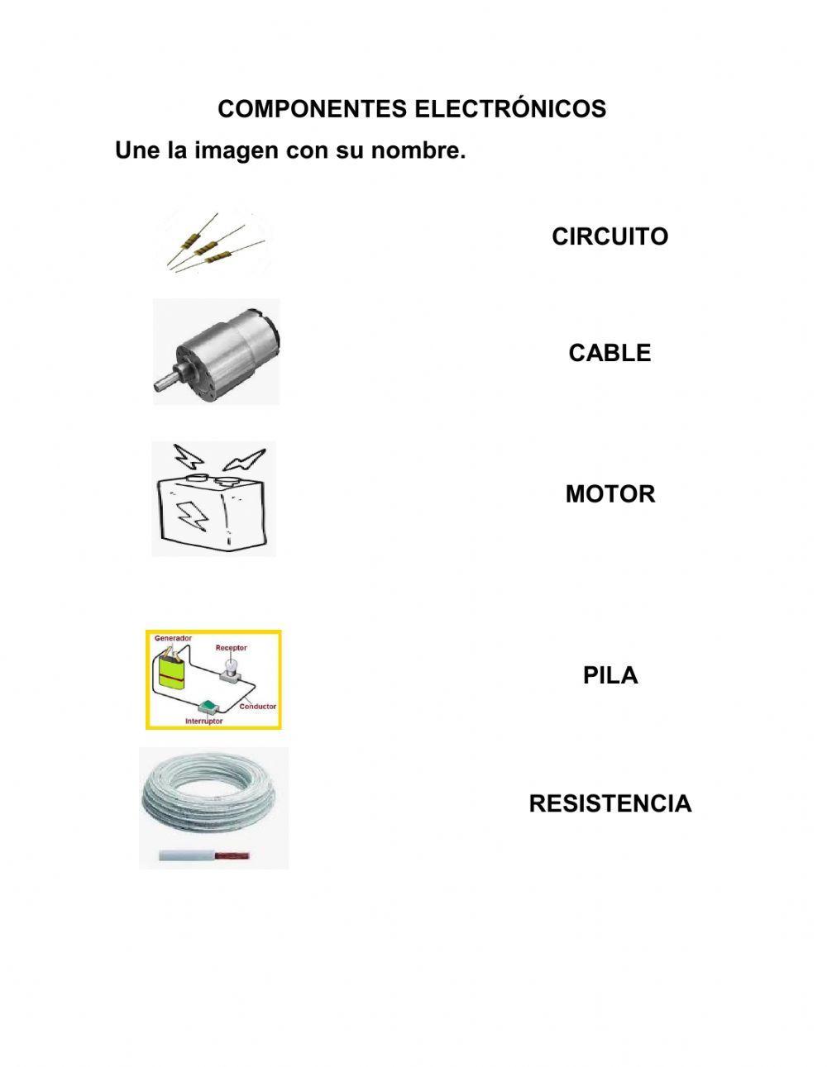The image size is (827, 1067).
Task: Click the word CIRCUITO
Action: coord(609,236)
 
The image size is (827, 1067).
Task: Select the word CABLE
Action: coord(609,353)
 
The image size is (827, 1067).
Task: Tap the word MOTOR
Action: coord(609,494)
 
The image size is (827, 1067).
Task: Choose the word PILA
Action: coord(609,675)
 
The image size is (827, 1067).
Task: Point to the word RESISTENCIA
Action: coord(609,803)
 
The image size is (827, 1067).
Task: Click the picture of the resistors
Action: coord(213,242)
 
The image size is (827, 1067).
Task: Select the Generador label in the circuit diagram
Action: coord(174,639)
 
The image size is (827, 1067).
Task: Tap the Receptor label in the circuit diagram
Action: coord(232,648)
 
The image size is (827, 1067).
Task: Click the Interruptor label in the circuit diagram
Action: coord(203,722)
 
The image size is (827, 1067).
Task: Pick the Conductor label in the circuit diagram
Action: coord(258,707)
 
